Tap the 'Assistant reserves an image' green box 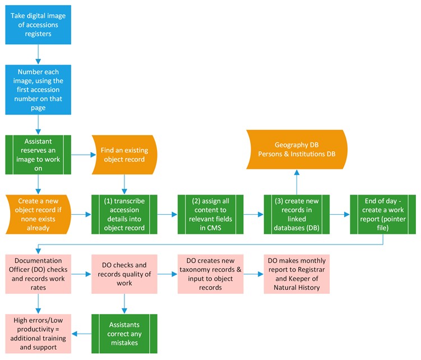point(38,154)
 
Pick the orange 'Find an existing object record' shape point(124,154)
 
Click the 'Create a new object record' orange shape point(38,213)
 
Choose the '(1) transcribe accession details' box point(124,213)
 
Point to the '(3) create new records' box point(297,213)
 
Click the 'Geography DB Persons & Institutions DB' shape point(297,149)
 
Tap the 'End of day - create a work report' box point(382,213)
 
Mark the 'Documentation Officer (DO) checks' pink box point(38,274)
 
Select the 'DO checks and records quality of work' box point(124,274)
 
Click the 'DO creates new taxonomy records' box point(210,274)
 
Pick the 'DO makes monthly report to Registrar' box point(297,274)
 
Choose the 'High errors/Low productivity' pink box point(38,334)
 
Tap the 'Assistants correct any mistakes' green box point(124,334)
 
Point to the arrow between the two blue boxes point(38,53)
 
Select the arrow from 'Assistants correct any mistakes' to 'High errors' point(82,334)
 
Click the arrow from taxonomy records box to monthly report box point(253,274)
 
